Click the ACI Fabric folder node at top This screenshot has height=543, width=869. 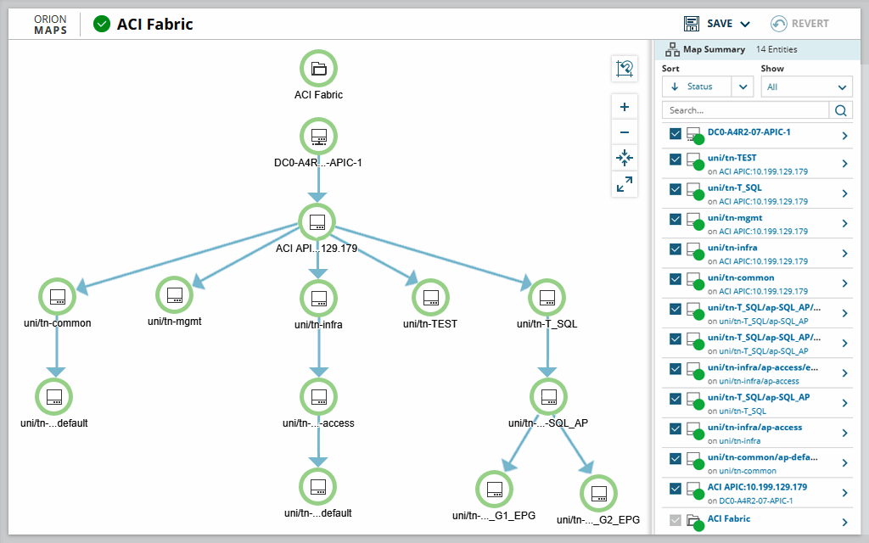318,69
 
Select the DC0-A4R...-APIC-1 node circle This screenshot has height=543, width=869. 318,136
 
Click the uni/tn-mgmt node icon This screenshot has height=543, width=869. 175,294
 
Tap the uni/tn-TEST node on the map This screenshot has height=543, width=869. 430,297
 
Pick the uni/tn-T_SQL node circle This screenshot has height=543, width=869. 547,297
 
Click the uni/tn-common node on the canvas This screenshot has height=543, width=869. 57,296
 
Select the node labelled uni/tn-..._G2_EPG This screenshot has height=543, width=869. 598,493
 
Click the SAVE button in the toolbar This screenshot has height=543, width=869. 717,24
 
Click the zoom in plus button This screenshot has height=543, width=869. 625,108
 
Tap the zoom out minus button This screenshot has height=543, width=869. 625,132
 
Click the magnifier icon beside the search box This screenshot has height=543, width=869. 840,110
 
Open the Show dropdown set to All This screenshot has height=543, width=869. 806,87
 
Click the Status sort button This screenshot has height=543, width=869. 696,87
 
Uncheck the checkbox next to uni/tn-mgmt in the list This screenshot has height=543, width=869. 676,219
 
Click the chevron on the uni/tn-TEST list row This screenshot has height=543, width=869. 844,164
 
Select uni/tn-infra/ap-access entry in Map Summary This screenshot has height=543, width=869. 754,428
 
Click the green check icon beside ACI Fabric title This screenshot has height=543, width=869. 102,24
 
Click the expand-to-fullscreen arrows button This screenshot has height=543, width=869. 625,183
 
